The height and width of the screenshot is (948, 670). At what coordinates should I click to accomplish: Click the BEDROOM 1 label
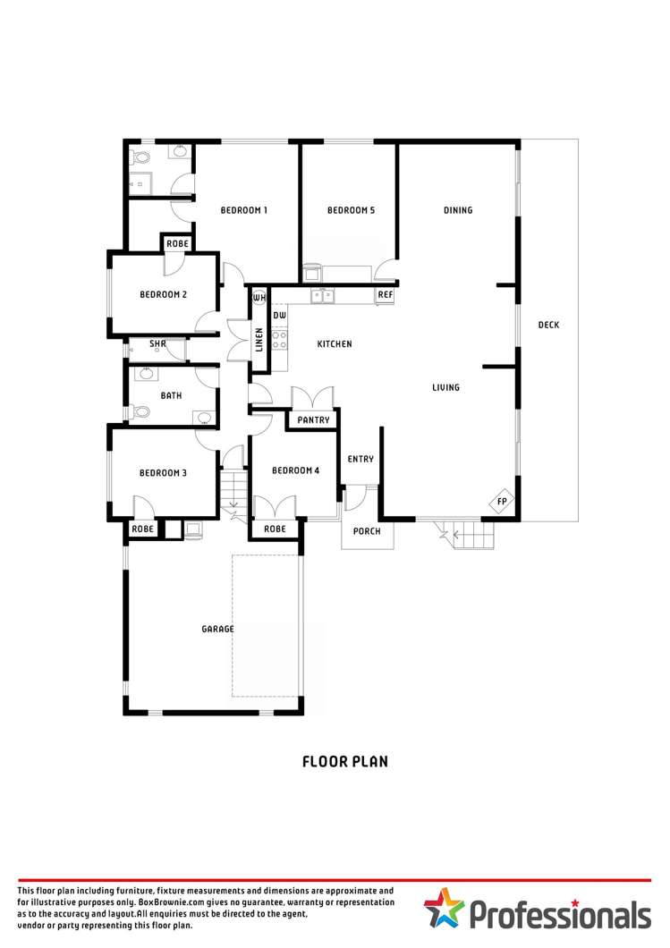tap(244, 210)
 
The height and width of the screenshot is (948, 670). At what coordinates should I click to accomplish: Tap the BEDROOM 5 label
tap(351, 210)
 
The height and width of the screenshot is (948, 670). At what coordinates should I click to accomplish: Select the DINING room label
tap(458, 210)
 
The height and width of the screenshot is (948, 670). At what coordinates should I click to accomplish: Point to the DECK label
tap(548, 325)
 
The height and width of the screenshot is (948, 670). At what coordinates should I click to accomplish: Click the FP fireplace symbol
tap(502, 503)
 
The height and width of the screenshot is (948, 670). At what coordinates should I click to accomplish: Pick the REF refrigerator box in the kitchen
tap(385, 294)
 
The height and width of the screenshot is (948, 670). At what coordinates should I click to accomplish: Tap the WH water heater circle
tap(259, 297)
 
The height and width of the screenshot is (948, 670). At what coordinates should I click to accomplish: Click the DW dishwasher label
tap(279, 316)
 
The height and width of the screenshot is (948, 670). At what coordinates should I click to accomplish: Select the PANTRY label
tap(313, 420)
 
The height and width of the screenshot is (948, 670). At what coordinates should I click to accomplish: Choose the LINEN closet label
tap(259, 340)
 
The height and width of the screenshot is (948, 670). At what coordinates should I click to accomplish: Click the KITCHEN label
tap(335, 343)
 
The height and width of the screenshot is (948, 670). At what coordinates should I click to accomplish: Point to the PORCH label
tap(367, 531)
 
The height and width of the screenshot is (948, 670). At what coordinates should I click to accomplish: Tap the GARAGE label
tap(217, 629)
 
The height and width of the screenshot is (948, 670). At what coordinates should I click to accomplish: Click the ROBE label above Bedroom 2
tap(176, 243)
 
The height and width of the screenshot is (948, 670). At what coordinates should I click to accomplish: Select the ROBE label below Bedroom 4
tap(276, 529)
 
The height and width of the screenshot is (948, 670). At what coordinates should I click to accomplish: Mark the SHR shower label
tap(157, 343)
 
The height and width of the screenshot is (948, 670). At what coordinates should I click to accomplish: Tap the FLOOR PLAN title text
tap(344, 762)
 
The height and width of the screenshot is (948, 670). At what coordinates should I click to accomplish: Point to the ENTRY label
tap(360, 459)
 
